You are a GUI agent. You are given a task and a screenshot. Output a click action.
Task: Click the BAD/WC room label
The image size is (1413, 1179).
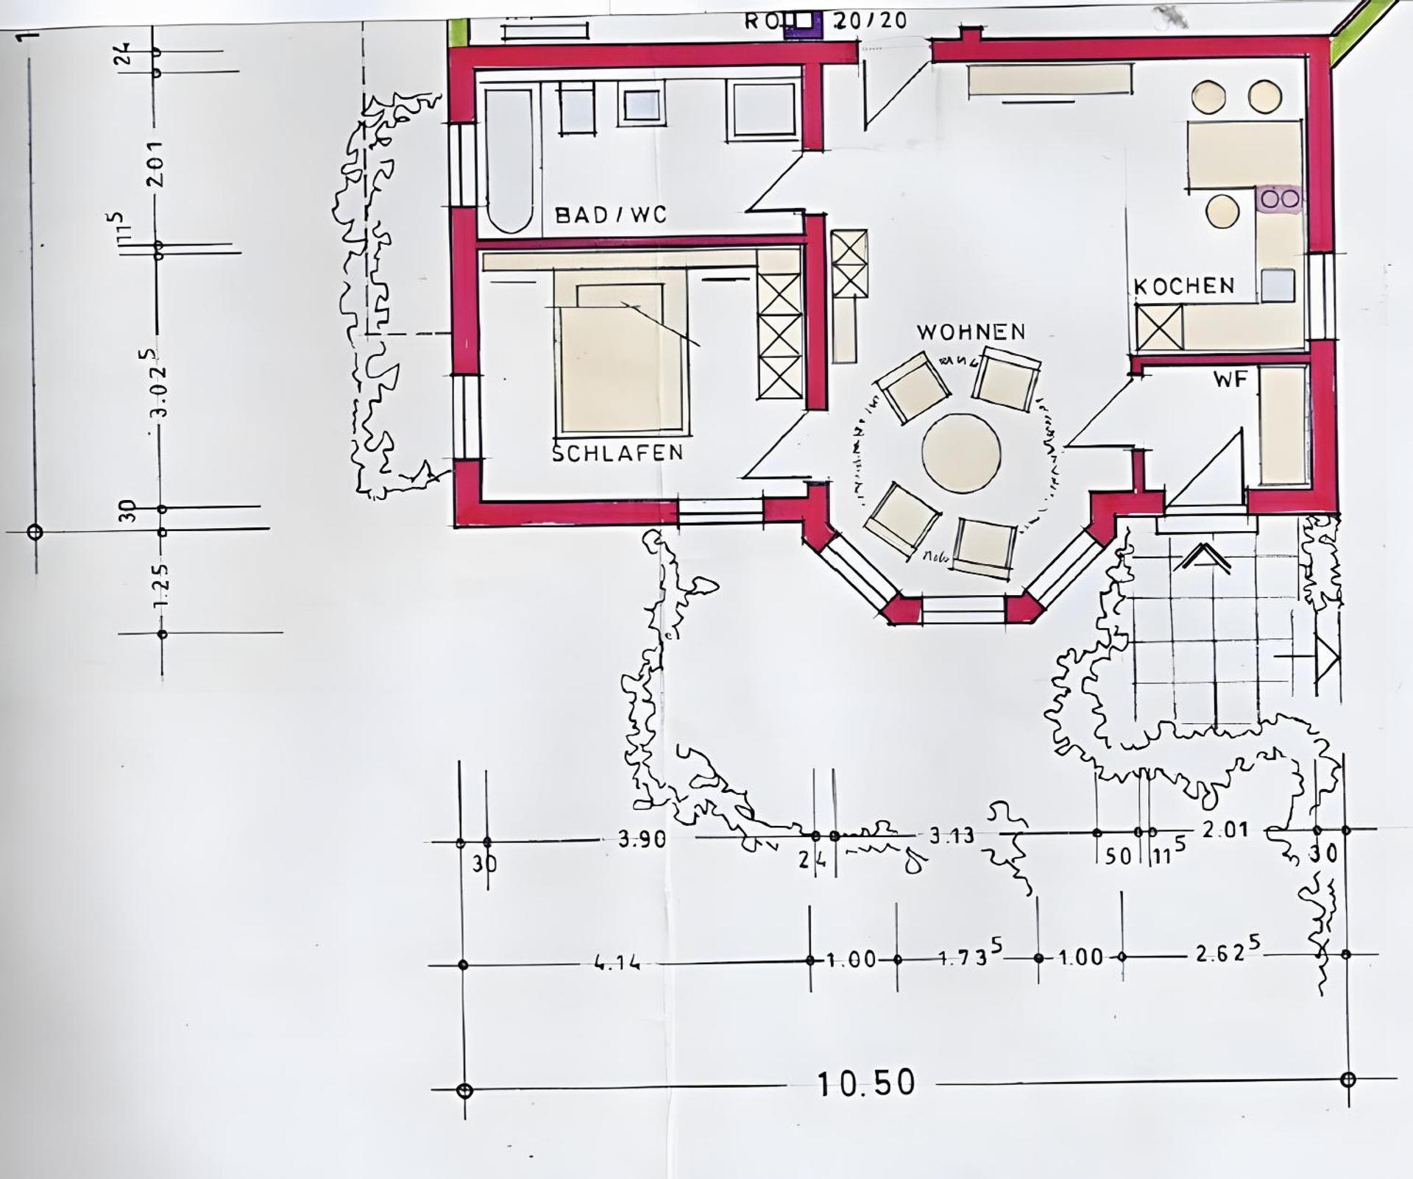(610, 215)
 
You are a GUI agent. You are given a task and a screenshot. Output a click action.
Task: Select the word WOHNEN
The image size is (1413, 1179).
(971, 332)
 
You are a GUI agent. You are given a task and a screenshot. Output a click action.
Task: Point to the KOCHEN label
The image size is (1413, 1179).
(1184, 286)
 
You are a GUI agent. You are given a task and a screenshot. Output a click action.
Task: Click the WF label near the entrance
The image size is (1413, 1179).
(1230, 380)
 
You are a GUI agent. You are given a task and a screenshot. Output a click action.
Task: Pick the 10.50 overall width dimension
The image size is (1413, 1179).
(866, 1083)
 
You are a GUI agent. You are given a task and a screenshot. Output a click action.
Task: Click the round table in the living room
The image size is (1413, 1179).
(961, 452)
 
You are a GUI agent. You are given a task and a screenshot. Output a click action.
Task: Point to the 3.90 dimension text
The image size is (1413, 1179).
(642, 839)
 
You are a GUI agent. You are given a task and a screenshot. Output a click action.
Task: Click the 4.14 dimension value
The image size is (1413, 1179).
(617, 962)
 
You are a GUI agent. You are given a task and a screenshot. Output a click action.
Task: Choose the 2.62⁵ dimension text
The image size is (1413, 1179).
(1228, 953)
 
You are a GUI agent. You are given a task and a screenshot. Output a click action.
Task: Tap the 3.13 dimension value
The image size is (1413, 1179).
(952, 836)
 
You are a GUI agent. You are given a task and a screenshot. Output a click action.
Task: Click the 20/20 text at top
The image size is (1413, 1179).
(870, 21)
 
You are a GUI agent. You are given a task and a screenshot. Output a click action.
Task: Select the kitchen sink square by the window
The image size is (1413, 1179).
(1278, 285)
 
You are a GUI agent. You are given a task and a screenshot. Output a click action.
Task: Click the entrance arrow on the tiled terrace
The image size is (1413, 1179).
(1202, 558)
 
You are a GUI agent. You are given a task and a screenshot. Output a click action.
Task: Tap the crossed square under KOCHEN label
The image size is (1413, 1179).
(1159, 327)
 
